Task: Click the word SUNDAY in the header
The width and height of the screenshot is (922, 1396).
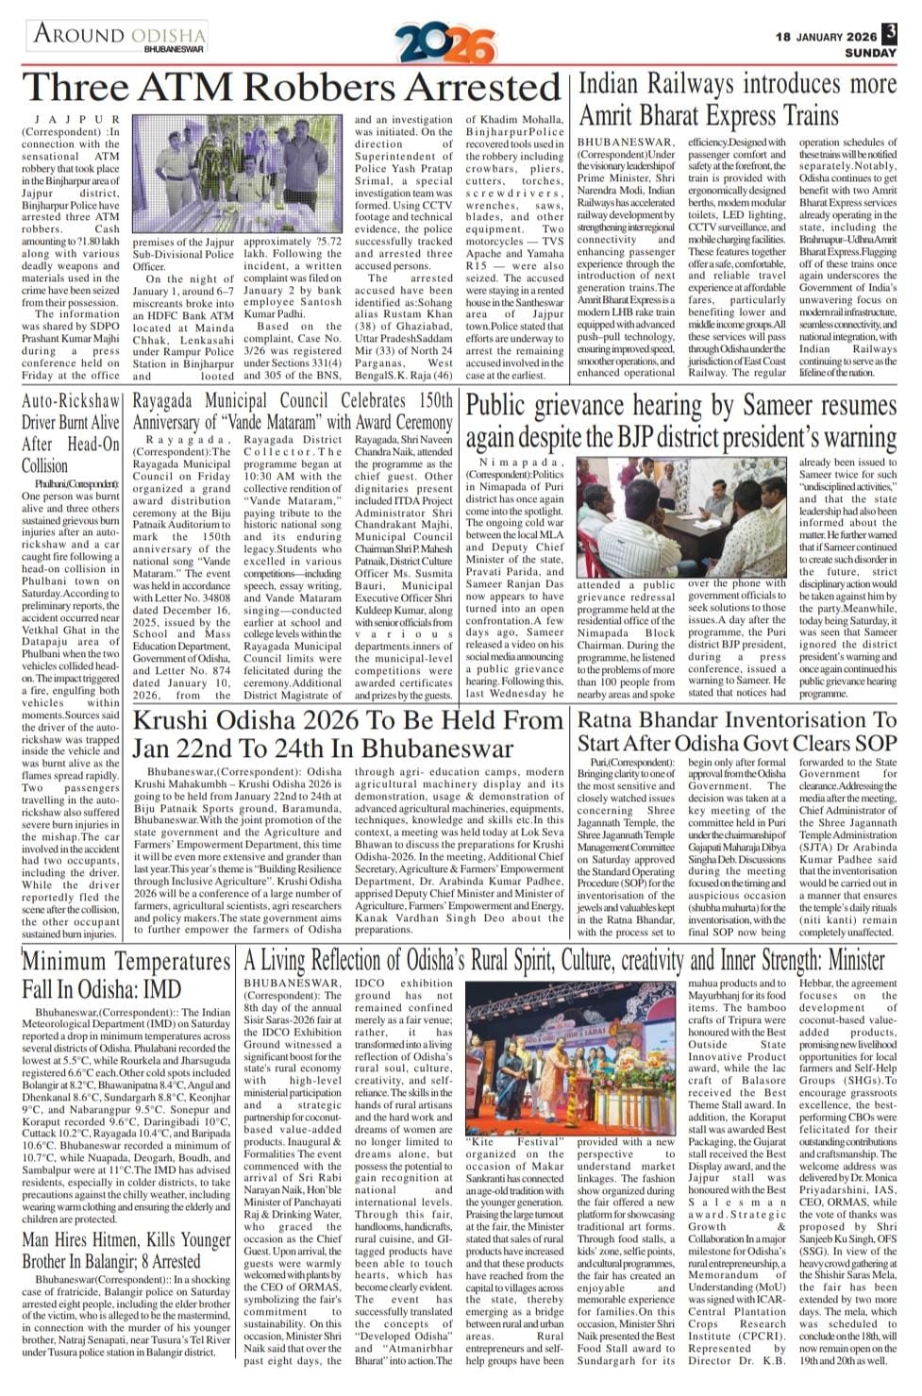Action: pos(869,53)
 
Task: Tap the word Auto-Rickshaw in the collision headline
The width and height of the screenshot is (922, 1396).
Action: pos(71,400)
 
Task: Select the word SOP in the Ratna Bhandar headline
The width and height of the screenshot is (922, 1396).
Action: pos(875,744)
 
